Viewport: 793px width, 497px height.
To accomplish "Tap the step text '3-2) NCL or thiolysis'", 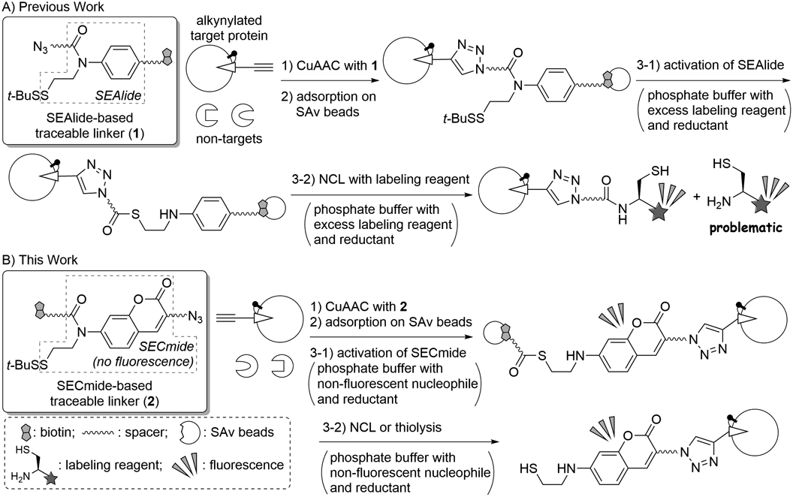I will pyautogui.click(x=367, y=437).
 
